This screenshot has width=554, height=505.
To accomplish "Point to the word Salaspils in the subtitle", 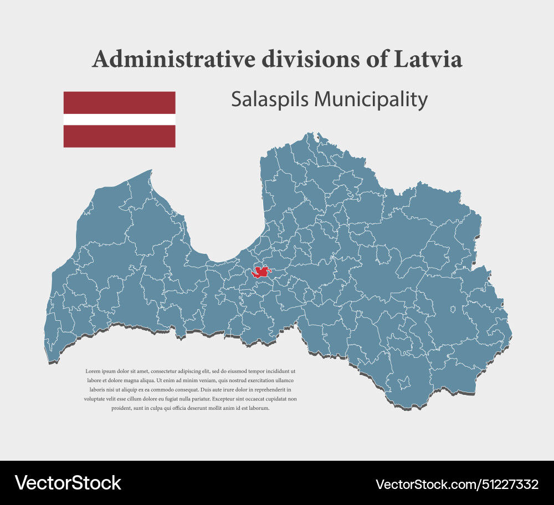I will coord(269,100).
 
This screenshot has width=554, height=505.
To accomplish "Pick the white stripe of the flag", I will coord(119,119).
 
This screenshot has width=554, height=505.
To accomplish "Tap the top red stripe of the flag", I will coord(119,102).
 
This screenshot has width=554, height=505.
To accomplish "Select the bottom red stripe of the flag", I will coord(119,136).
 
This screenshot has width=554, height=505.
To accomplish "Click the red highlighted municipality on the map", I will coord(261,272).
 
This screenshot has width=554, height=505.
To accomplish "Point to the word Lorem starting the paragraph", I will coord(93,371).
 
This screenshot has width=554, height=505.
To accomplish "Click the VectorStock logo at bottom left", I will coord(68,483).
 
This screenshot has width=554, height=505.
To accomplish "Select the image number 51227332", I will coord(510,485).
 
